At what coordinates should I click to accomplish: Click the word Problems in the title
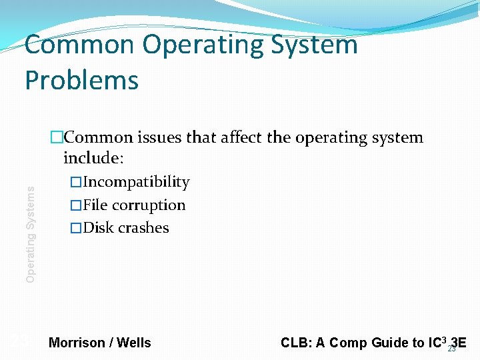pos(81,80)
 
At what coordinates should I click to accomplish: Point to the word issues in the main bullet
pos(160,137)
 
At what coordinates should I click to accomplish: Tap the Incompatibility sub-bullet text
pos(136,182)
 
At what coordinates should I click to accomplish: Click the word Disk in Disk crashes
pos(98,227)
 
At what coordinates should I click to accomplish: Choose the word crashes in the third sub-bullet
pos(143,227)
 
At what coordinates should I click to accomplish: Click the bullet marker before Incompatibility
pos(76,182)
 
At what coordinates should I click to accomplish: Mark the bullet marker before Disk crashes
pos(76,227)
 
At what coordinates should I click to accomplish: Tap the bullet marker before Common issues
pos(57,137)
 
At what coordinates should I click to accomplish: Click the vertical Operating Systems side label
pos(31,233)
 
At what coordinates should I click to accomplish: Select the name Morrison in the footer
pos(77,343)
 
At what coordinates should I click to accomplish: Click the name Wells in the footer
pos(134,343)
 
